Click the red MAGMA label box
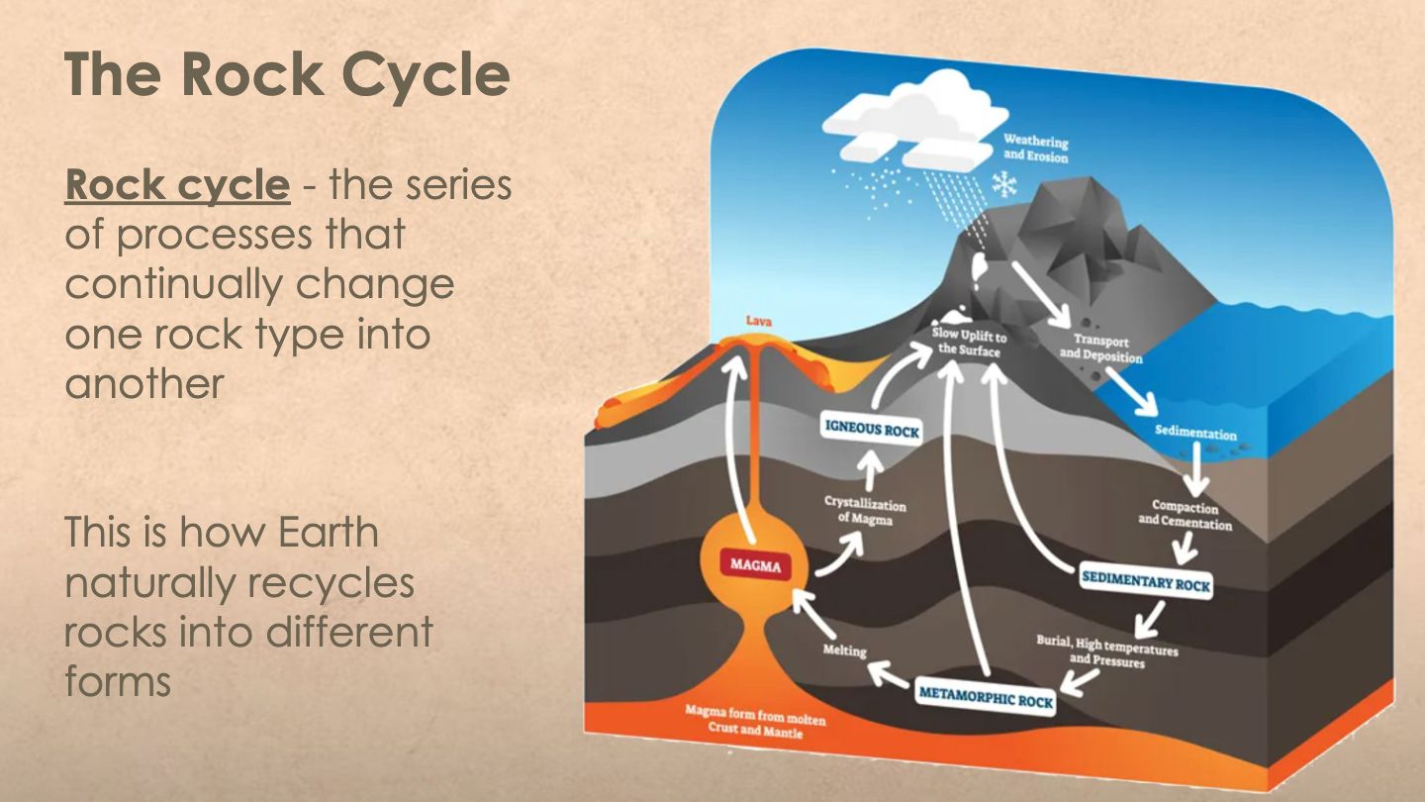[756, 564]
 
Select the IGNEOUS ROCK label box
[872, 429]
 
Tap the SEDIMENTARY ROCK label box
[1145, 581]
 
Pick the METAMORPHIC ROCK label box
[986, 697]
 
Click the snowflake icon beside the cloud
[1004, 184]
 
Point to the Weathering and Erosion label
[1036, 149]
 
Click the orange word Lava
[759, 322]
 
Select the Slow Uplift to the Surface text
[970, 344]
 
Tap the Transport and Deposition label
[1100, 349]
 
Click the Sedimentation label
[1195, 433]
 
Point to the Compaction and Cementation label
[1185, 515]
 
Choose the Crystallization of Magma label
[865, 511]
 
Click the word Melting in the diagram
[844, 651]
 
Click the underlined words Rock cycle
[177, 185]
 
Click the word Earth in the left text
[328, 533]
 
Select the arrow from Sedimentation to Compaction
[1197, 468]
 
